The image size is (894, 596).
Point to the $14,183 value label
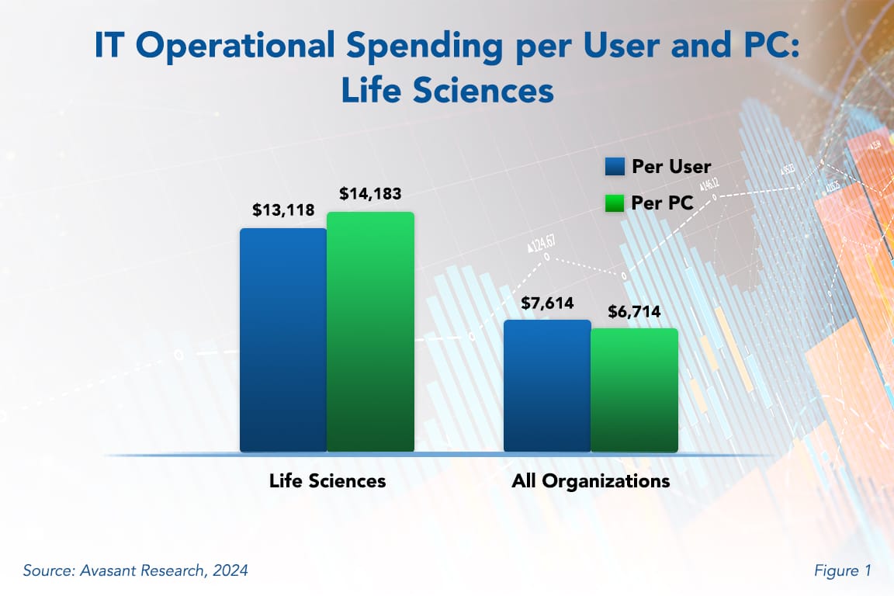[370, 194]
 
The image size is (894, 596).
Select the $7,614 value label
[547, 303]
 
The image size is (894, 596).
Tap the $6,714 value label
[634, 312]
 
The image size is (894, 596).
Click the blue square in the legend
[615, 167]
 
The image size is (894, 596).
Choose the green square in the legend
[615, 203]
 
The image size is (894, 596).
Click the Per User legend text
[671, 167]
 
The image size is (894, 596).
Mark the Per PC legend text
[662, 203]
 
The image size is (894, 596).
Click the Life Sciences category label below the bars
[327, 480]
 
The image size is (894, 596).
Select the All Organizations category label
[591, 480]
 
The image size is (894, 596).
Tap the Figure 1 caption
[842, 570]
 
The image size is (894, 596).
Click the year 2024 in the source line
[230, 570]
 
